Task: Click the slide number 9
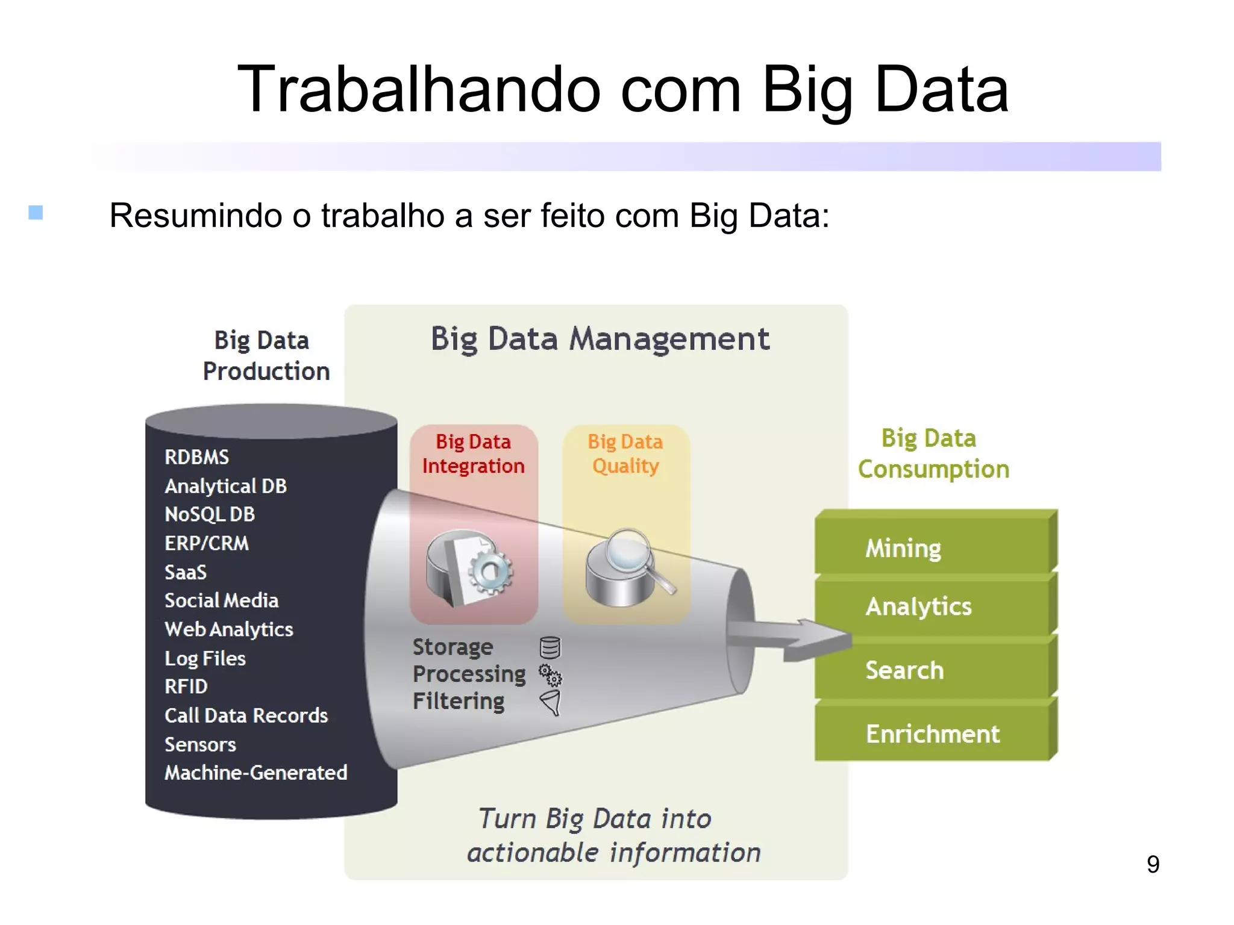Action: pyautogui.click(x=1153, y=864)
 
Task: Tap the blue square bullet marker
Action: pyautogui.click(x=36, y=213)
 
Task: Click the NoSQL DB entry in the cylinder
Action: pyautogui.click(x=210, y=514)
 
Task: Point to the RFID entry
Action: pyautogui.click(x=186, y=687)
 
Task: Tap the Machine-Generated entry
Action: pyautogui.click(x=256, y=773)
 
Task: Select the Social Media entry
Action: pyautogui.click(x=221, y=600)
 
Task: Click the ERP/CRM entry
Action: pyautogui.click(x=207, y=543)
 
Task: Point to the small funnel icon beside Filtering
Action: pyautogui.click(x=551, y=702)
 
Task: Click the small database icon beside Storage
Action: pyautogui.click(x=550, y=648)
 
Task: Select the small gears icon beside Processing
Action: pyautogui.click(x=550, y=675)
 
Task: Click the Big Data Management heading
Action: pyautogui.click(x=600, y=338)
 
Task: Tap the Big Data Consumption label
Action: pyautogui.click(x=933, y=453)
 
